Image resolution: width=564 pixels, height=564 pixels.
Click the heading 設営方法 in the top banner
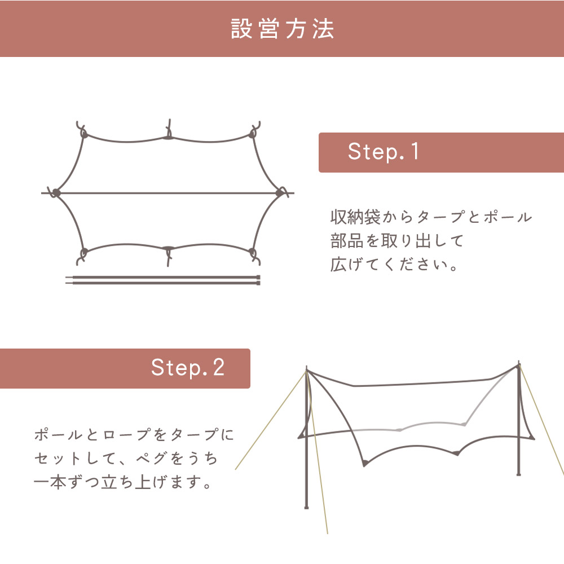click(x=282, y=29)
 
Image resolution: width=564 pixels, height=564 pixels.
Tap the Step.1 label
click(x=384, y=152)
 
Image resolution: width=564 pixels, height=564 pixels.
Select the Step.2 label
click(x=188, y=368)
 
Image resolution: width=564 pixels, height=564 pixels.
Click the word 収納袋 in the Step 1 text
click(x=356, y=217)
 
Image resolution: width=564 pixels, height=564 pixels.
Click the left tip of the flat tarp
click(x=56, y=193)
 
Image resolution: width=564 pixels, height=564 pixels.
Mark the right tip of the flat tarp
click(x=280, y=193)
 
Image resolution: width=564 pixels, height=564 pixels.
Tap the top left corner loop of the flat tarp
click(x=84, y=133)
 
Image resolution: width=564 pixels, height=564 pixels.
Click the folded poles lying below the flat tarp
click(x=164, y=280)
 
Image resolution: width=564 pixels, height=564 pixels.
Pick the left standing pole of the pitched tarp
click(x=306, y=451)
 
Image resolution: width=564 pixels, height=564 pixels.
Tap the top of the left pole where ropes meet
click(x=306, y=370)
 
